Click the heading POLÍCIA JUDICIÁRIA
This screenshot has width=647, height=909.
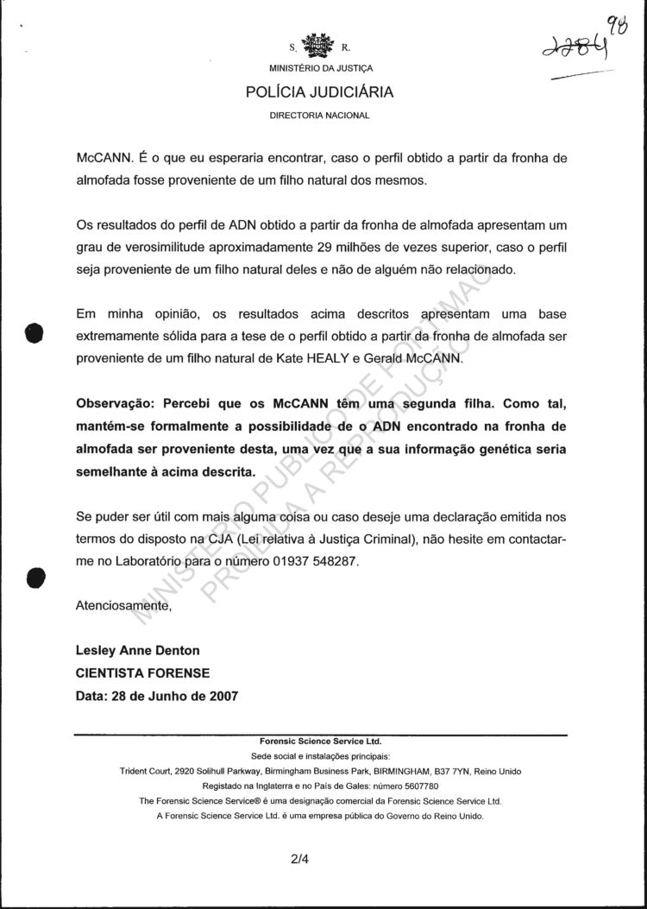[x=320, y=92]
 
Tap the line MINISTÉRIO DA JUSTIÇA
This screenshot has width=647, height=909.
[x=320, y=68]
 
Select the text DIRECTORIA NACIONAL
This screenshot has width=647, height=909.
[x=320, y=115]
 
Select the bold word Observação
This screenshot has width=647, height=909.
[x=116, y=405]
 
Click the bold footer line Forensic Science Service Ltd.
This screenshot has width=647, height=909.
[x=320, y=742]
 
